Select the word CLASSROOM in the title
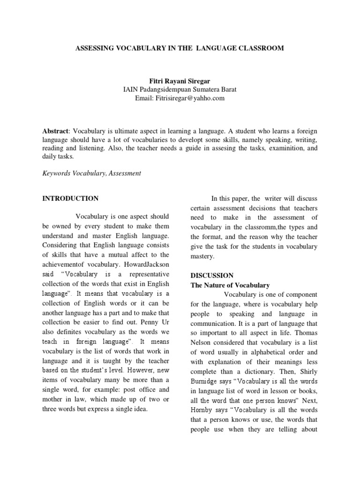[x=262, y=48]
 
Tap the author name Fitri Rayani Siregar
[x=180, y=81]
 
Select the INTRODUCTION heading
[x=70, y=198]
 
